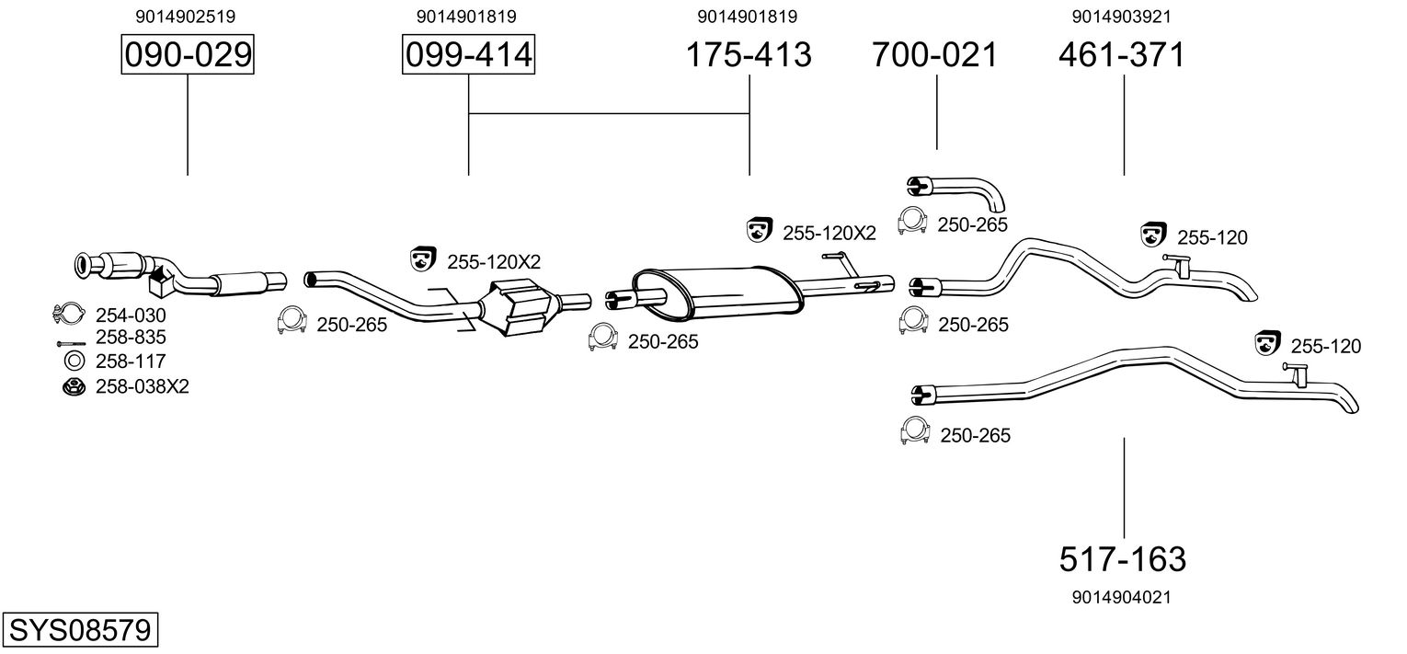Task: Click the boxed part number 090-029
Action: (188, 55)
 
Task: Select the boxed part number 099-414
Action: (468, 55)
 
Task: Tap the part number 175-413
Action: (749, 55)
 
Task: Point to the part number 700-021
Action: (935, 55)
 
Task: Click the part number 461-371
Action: (1122, 55)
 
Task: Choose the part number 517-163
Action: (1123, 558)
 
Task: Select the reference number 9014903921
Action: (1121, 17)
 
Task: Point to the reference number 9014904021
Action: (1121, 597)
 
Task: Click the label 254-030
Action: (132, 316)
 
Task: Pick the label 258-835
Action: (132, 338)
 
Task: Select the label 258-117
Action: (132, 361)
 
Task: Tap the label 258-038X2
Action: (143, 386)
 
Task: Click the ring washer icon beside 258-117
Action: (71, 361)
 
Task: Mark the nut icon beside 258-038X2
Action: (71, 386)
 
